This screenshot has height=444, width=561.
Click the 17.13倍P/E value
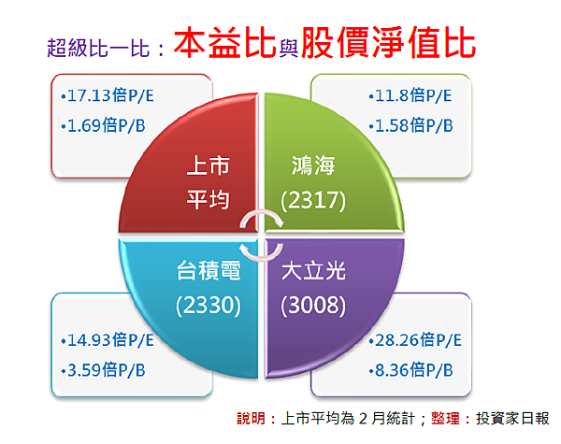point(110,95)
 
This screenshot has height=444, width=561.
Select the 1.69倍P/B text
point(107,125)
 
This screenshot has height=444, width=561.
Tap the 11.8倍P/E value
point(413,95)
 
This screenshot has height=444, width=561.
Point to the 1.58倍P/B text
point(414,125)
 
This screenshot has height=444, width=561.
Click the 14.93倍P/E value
point(110,340)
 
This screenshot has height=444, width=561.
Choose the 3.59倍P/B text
point(107,370)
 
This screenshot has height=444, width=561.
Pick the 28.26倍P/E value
point(419,340)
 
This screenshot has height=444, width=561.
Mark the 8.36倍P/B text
point(414,370)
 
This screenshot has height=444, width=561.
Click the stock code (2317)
point(313,200)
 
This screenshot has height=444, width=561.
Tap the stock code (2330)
point(209,305)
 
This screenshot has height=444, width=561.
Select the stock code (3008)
point(313,305)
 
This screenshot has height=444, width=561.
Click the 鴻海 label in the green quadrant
point(313,165)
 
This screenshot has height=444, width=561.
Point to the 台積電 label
point(209,270)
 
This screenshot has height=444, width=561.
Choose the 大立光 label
point(313,270)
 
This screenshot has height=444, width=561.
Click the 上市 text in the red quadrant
point(209,165)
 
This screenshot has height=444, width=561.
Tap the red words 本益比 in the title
point(224,43)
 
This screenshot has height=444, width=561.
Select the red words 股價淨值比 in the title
point(389,43)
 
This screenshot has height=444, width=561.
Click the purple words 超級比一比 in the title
point(98,48)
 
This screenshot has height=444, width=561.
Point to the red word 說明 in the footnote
point(252,418)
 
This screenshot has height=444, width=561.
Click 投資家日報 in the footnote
point(512,418)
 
